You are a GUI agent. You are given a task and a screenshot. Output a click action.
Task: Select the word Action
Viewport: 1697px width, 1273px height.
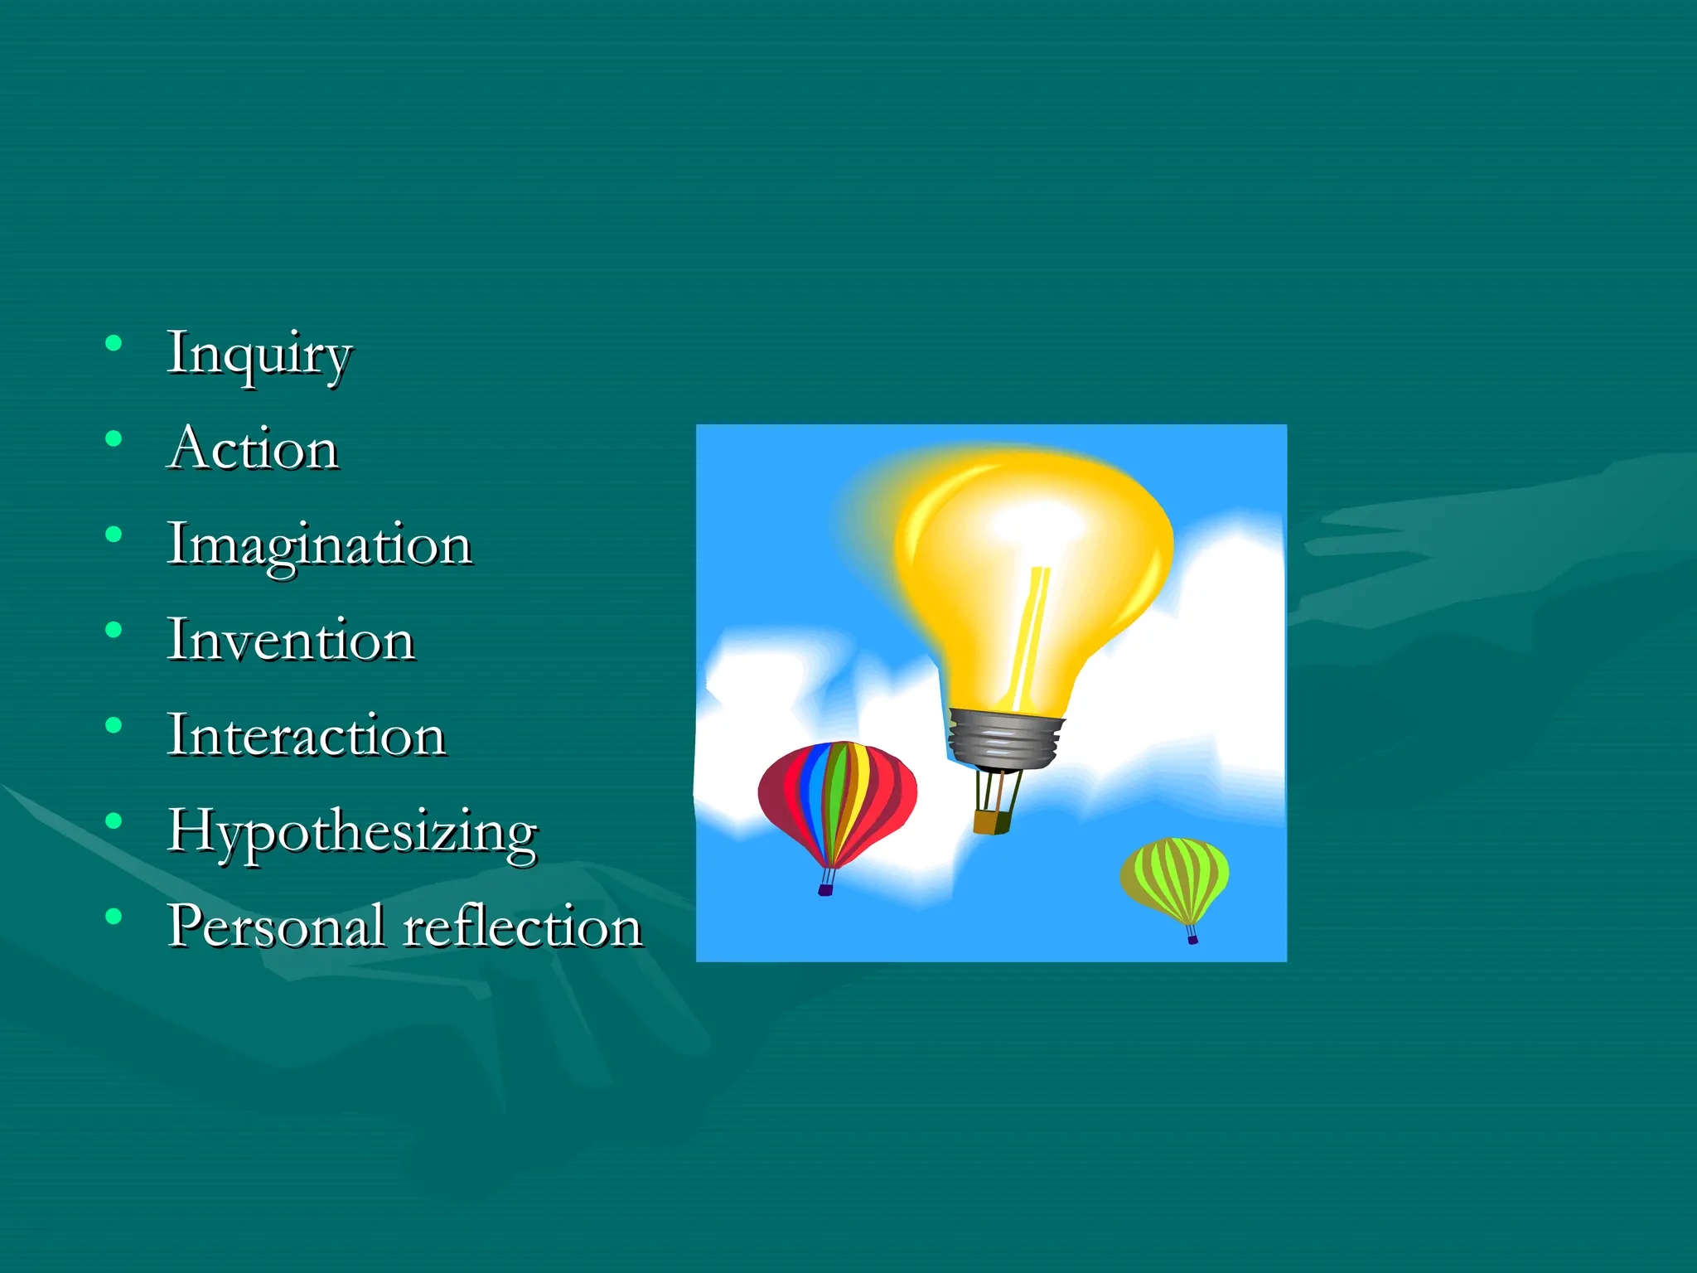point(253,448)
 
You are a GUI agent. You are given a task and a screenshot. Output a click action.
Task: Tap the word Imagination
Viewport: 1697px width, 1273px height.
point(319,546)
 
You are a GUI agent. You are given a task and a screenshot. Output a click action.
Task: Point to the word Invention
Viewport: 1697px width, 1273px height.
point(290,640)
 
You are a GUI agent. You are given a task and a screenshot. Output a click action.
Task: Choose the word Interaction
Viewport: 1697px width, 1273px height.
point(307,735)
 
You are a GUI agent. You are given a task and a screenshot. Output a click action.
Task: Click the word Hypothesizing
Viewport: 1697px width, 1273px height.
point(353,832)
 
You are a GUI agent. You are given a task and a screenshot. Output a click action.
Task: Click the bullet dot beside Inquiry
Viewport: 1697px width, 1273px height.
point(114,343)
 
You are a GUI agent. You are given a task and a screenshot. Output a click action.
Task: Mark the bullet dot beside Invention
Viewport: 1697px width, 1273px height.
point(114,630)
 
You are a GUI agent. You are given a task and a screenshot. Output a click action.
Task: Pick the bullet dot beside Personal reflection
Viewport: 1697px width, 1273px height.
point(114,916)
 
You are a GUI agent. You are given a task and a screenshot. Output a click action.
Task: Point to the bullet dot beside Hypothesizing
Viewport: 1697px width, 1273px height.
point(114,820)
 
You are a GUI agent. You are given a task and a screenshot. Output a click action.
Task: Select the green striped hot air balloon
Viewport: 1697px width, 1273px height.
point(1175,879)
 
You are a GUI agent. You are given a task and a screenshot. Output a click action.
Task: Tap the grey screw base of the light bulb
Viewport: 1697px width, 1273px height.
point(1005,738)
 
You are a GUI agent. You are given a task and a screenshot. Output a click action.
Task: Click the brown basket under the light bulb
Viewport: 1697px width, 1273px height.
point(991,821)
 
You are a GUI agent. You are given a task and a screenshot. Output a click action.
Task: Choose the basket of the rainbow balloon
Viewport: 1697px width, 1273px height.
point(825,890)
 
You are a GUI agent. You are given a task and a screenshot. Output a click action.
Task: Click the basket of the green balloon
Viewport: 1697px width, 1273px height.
point(1192,939)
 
